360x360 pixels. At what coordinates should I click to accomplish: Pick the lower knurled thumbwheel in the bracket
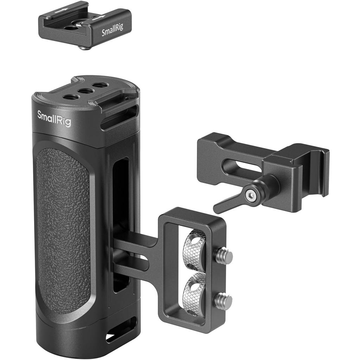pyautogui.click(x=194, y=288)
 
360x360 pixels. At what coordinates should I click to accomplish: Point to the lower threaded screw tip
pyautogui.click(x=224, y=301)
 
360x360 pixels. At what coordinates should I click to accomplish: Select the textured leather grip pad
pyautogui.click(x=63, y=229)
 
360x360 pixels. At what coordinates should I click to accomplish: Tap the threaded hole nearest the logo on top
pyautogui.click(x=71, y=96)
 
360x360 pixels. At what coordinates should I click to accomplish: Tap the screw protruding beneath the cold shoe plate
pyautogui.click(x=84, y=47)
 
